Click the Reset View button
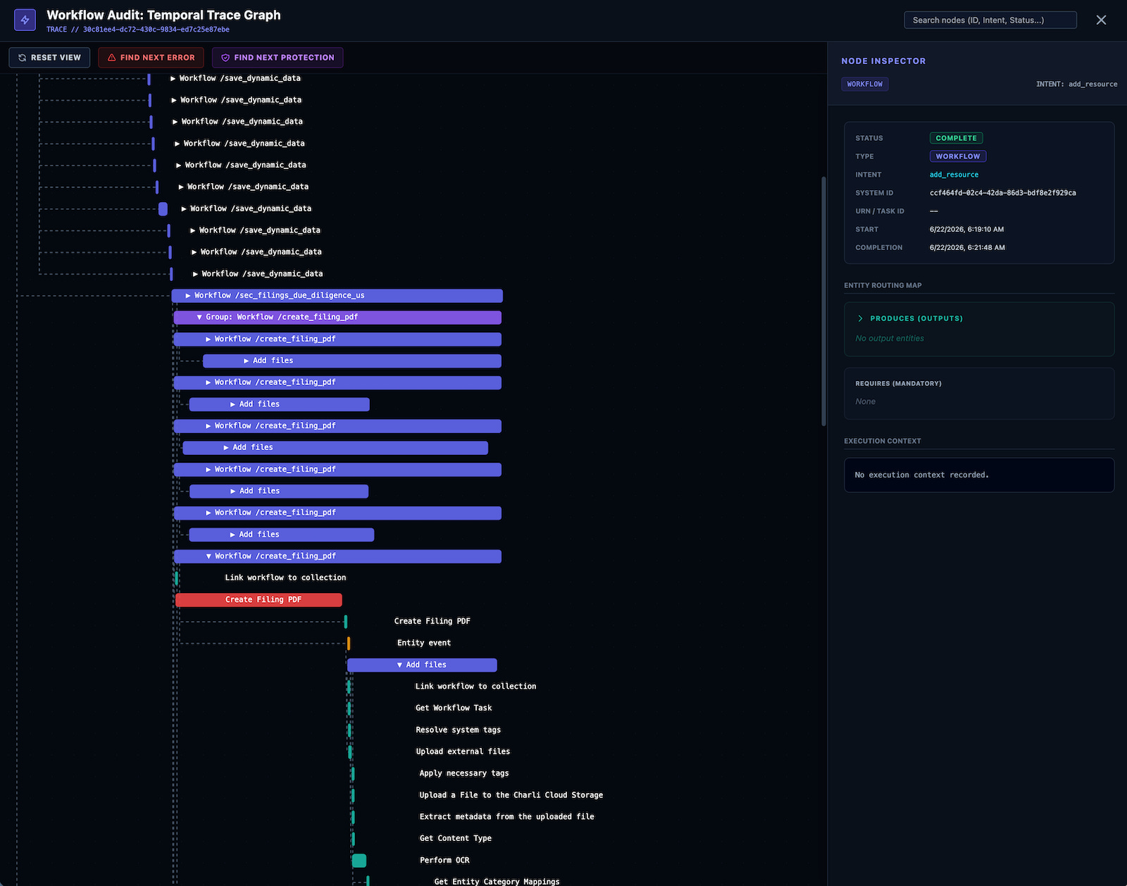(49, 58)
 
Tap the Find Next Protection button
(278, 58)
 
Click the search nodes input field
(990, 20)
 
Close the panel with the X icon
(1101, 20)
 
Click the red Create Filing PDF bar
(259, 599)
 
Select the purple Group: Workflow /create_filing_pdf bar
(337, 318)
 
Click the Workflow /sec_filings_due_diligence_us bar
(337, 295)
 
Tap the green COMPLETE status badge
(956, 138)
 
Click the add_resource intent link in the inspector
(954, 175)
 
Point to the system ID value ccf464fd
(1002, 193)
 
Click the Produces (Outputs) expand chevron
(860, 318)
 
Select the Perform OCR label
(444, 860)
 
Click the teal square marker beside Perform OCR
(359, 861)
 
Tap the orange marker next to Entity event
(349, 643)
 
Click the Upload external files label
(463, 751)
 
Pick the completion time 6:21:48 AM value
(966, 248)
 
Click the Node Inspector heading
(883, 61)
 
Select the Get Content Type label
(456, 838)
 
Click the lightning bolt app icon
(25, 20)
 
